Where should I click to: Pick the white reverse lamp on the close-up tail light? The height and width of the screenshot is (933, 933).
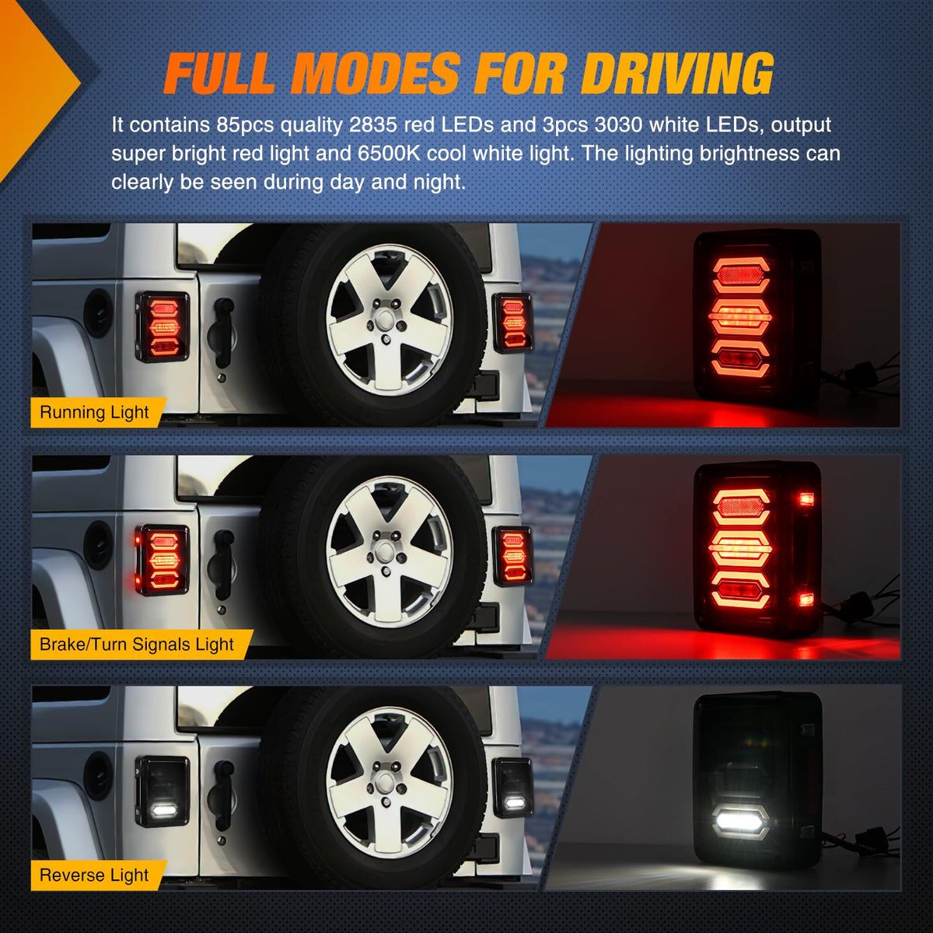[x=741, y=821]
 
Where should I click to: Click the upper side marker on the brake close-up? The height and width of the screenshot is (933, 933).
[x=806, y=498]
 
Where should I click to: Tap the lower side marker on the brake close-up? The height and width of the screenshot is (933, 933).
[x=806, y=599]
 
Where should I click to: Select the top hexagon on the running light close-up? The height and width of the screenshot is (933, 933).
[x=741, y=275]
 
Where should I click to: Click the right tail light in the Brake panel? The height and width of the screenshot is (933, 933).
[x=512, y=557]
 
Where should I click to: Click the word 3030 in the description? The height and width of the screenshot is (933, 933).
[x=619, y=125]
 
